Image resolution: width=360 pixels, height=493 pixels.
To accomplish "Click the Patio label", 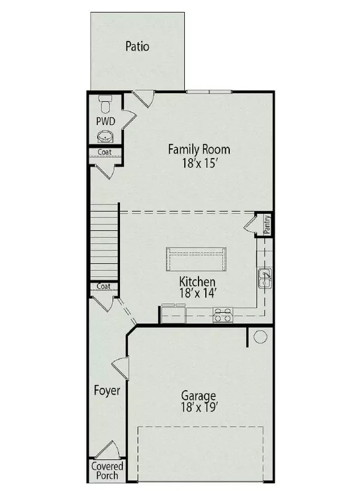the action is pyautogui.click(x=137, y=46).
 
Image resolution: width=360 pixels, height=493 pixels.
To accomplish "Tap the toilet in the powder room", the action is pyautogui.click(x=105, y=104).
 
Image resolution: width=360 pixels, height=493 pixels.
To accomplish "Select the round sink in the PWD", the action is pyautogui.click(x=105, y=137).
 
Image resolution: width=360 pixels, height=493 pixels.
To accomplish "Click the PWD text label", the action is pyautogui.click(x=106, y=121).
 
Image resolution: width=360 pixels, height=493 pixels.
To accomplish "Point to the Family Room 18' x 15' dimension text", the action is pyautogui.click(x=200, y=163).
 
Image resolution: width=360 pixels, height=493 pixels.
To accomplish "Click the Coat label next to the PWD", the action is pyautogui.click(x=104, y=152).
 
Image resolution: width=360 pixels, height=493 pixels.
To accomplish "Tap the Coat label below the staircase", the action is pyautogui.click(x=103, y=286).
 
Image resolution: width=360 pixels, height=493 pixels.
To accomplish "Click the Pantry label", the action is pyautogui.click(x=267, y=224).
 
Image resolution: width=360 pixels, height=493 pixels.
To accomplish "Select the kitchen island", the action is pyautogui.click(x=196, y=259).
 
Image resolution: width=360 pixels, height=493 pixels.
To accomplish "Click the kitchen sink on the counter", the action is pyautogui.click(x=265, y=278).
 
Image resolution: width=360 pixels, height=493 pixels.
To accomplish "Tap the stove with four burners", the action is pyautogui.click(x=223, y=315).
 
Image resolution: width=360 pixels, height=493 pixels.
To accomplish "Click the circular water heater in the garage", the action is pyautogui.click(x=260, y=337).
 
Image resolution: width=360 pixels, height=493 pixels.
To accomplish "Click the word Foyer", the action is pyautogui.click(x=107, y=390).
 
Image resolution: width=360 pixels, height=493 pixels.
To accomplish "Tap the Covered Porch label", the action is pyautogui.click(x=107, y=471).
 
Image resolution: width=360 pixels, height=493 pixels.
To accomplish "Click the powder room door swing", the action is pyautogui.click(x=129, y=119).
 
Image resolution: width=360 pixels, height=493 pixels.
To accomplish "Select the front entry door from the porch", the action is pyautogui.click(x=107, y=450).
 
